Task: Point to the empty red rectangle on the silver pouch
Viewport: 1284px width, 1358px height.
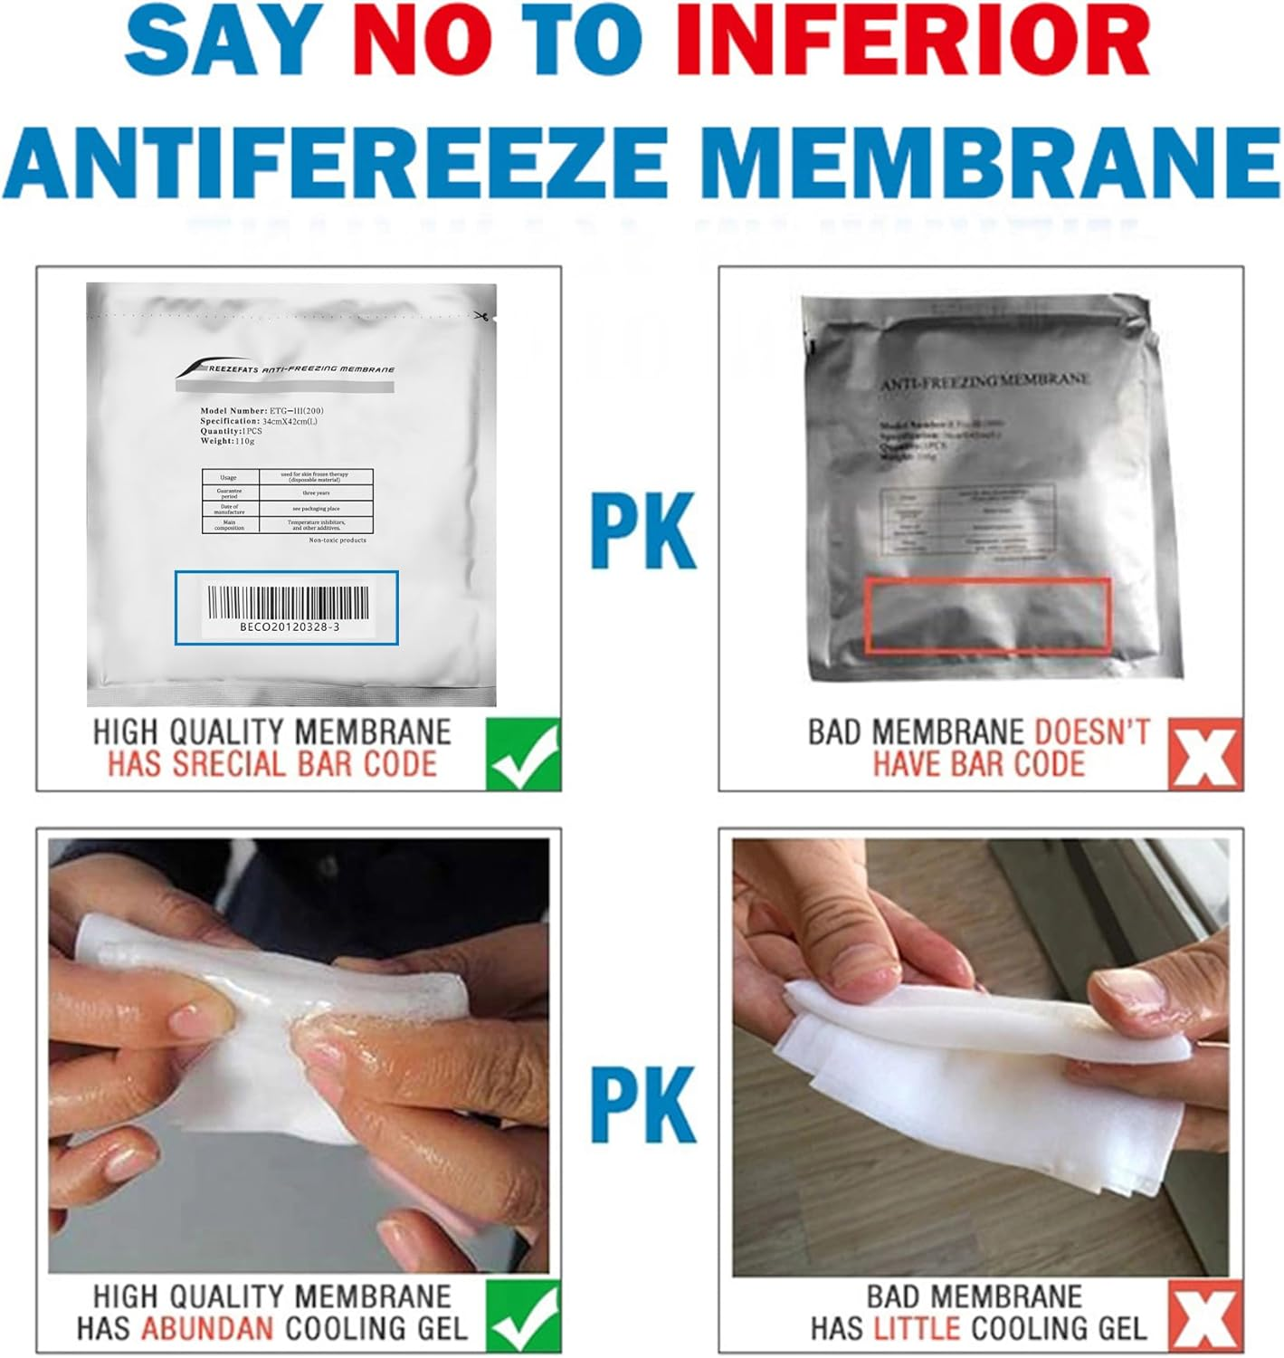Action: (x=988, y=615)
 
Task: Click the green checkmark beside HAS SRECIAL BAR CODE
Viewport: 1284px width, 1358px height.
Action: (x=523, y=753)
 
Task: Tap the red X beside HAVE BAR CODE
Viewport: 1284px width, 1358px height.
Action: (x=1205, y=753)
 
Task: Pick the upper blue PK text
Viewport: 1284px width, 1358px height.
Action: (x=644, y=530)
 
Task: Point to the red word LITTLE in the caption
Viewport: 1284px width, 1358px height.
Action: (x=917, y=1328)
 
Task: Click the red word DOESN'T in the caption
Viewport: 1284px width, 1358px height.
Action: (x=1092, y=732)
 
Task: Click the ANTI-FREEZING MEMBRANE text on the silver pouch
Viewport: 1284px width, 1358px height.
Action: (x=984, y=382)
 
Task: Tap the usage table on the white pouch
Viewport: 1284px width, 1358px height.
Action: (x=287, y=501)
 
